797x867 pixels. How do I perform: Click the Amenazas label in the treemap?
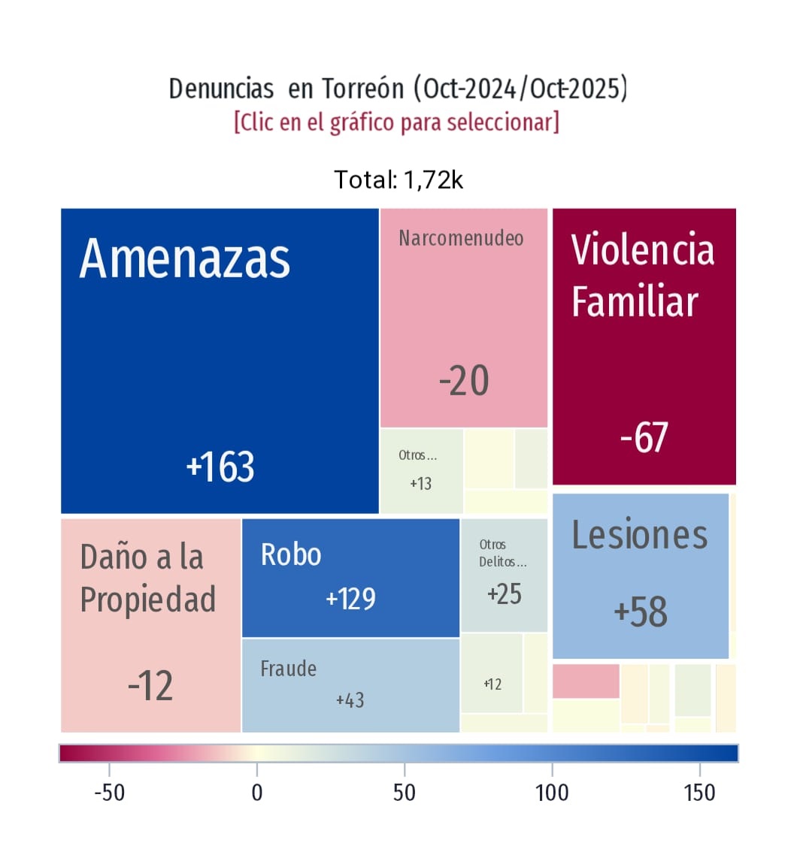(x=185, y=258)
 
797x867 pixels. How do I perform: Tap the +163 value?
(x=220, y=467)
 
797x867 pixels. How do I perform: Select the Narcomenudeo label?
(x=461, y=238)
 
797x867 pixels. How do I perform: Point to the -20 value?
(x=464, y=380)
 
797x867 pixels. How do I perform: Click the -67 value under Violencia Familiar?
(x=644, y=437)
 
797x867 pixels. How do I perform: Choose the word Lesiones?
(x=640, y=535)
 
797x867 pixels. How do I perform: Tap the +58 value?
(x=641, y=612)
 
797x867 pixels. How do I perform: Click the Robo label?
(x=291, y=554)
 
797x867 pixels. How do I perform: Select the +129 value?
(x=350, y=599)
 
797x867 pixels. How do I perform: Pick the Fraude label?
(x=288, y=669)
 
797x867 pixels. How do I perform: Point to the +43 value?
(x=350, y=700)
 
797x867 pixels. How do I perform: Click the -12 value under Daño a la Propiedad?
(x=150, y=686)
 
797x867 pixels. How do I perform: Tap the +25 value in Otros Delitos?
(x=505, y=594)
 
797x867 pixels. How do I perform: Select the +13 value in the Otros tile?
(x=421, y=484)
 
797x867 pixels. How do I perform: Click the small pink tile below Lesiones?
(x=586, y=681)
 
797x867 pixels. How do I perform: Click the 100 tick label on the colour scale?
(x=552, y=793)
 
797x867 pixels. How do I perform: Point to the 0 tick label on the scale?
(x=257, y=793)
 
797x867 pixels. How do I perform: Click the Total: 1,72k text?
(x=398, y=180)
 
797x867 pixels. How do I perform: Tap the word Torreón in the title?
(x=363, y=89)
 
